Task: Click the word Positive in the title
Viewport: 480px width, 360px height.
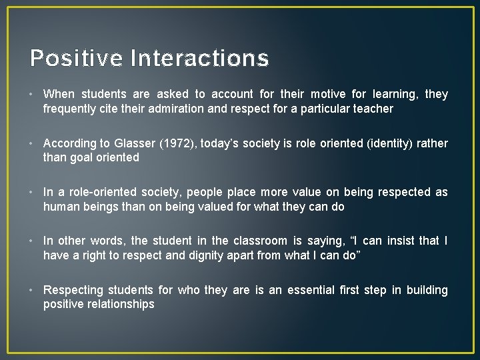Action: (76, 58)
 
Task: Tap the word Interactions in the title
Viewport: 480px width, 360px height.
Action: (200, 58)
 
